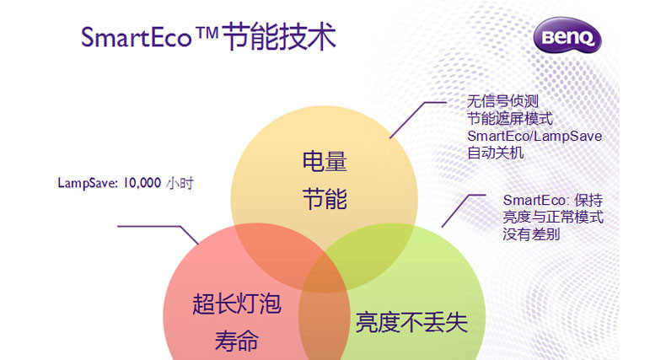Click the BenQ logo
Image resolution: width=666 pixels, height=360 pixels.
(567, 35)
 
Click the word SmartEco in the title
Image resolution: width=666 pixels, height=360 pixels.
(137, 37)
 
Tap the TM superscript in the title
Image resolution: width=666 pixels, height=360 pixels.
(207, 33)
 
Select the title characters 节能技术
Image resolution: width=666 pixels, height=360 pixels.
(280, 36)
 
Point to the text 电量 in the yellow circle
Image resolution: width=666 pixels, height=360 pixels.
(325, 162)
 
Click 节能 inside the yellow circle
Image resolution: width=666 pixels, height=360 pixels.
(325, 199)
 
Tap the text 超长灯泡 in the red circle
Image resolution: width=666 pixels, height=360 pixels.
(237, 304)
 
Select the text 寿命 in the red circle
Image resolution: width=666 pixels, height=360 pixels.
(237, 341)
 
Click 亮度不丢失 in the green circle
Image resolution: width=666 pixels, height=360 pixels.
(411, 322)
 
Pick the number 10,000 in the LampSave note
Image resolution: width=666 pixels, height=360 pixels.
(142, 183)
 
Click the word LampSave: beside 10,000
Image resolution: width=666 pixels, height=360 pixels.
(88, 184)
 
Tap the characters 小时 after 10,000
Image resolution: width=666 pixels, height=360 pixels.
(180, 184)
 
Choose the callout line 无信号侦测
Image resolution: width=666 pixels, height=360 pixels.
(503, 101)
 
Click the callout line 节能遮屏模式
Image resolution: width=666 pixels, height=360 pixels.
(510, 118)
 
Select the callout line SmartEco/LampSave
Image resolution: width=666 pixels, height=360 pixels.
(534, 136)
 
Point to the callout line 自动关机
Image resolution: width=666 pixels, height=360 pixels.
(496, 153)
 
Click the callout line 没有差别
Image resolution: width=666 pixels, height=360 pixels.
(531, 234)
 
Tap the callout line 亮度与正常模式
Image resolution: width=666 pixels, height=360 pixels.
(553, 217)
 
